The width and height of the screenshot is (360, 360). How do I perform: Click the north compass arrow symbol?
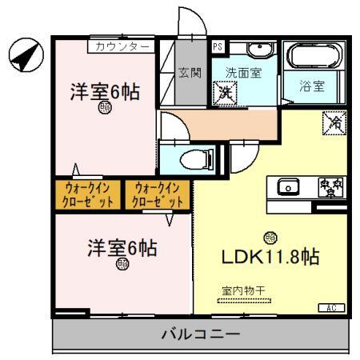point(24,54)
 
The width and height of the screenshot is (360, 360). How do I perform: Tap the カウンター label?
point(121,46)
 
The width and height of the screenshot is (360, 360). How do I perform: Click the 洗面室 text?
point(241,73)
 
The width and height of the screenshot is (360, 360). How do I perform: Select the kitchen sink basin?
point(287,187)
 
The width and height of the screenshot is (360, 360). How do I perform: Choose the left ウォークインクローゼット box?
point(86,194)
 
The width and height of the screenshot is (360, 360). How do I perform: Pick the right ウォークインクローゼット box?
point(158,194)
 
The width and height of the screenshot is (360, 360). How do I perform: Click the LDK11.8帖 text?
point(270,258)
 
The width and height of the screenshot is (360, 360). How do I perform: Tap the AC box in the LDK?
point(331,307)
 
